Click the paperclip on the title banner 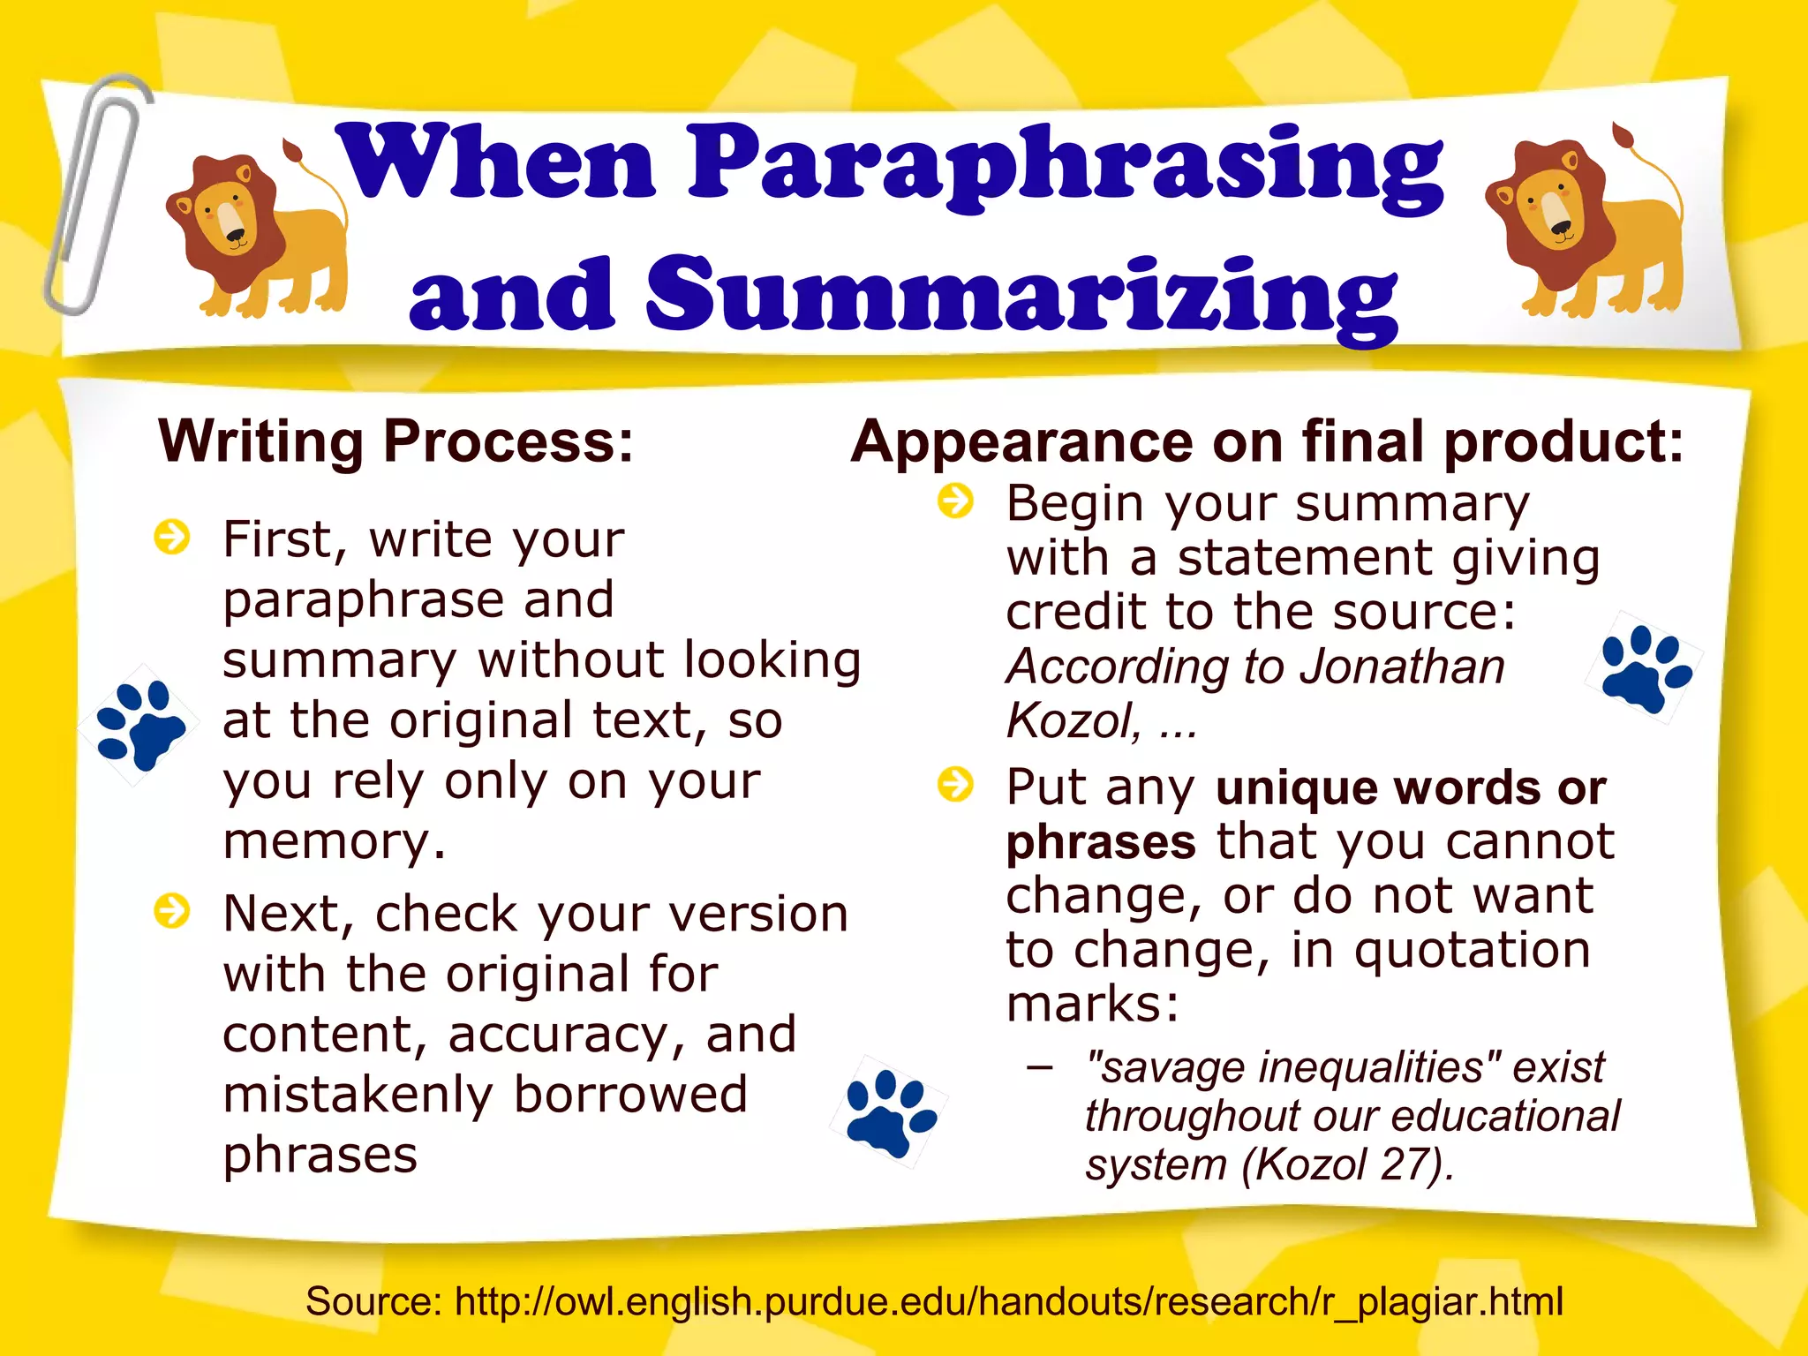tap(95, 194)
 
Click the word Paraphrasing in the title tap(1064, 163)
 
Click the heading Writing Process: tap(396, 441)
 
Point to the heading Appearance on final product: tap(1267, 441)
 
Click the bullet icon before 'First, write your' tap(171, 537)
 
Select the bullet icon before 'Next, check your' tap(171, 911)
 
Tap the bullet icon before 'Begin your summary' tap(955, 501)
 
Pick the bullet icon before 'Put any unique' tap(955, 784)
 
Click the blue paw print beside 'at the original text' tap(139, 724)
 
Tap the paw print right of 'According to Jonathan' tap(1645, 667)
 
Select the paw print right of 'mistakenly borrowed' tap(889, 1112)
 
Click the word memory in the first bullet tap(334, 841)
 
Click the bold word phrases tap(1101, 841)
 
